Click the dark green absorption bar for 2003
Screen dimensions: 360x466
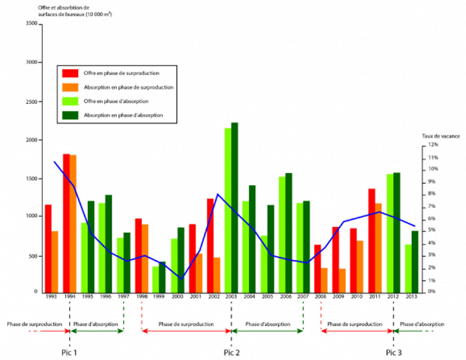coord(234,206)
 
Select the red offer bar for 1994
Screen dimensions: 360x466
coord(66,223)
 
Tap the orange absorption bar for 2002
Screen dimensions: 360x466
coord(217,275)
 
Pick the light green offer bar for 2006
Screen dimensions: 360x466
coord(281,234)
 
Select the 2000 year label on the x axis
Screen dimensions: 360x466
coord(177,297)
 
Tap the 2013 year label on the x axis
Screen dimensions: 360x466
coord(411,297)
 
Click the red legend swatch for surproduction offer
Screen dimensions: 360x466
coord(69,73)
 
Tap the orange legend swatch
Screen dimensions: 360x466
coord(69,87)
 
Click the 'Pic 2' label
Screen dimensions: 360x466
coord(231,352)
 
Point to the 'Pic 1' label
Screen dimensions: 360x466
coord(68,352)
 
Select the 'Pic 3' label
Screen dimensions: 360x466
coord(394,352)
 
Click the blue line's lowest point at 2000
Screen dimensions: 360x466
coord(180,278)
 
